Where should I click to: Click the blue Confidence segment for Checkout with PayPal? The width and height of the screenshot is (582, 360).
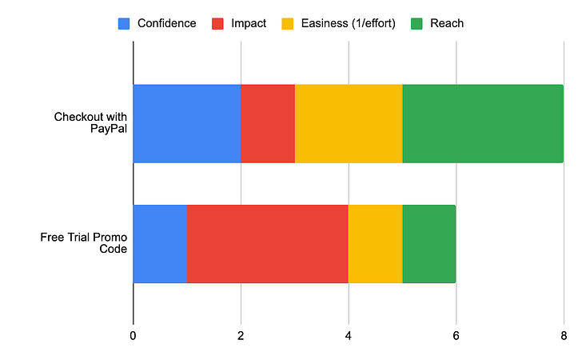[187, 123]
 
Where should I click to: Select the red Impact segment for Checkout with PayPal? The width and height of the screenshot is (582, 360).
[268, 123]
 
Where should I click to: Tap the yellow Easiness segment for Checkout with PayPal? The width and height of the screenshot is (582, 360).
[349, 123]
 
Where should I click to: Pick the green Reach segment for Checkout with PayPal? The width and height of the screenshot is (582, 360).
[483, 123]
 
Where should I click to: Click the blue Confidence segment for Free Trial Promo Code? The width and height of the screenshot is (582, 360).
[160, 243]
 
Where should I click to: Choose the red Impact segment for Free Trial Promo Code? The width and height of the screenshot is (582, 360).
[268, 243]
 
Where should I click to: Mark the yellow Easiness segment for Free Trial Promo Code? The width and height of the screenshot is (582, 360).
[375, 243]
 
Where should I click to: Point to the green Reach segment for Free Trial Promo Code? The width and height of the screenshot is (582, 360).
[429, 243]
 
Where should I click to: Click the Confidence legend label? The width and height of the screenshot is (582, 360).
[166, 23]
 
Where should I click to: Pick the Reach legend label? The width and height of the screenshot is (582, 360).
[448, 23]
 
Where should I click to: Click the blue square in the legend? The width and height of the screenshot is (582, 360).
[124, 23]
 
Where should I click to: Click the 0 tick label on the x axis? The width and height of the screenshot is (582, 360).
[133, 337]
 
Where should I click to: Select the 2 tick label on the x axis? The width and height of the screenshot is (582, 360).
[241, 337]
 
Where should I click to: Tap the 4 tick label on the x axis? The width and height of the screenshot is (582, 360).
[349, 337]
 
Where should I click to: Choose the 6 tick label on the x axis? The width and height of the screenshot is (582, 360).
[456, 337]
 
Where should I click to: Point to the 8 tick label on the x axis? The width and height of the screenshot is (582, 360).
[564, 337]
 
